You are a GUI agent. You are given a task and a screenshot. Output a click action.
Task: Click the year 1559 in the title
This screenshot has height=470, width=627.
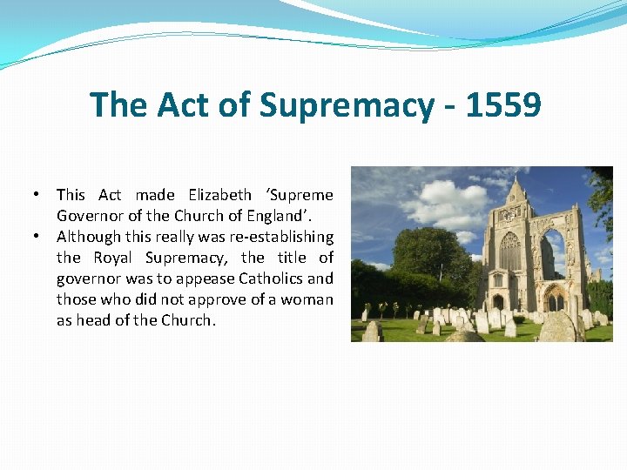click(503, 105)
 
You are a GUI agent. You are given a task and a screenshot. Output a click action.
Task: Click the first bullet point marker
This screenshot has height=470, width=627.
click(38, 194)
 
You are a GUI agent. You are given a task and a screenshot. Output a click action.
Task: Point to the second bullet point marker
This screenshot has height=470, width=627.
click(38, 236)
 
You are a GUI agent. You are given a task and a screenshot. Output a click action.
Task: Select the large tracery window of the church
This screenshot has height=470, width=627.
click(510, 252)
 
